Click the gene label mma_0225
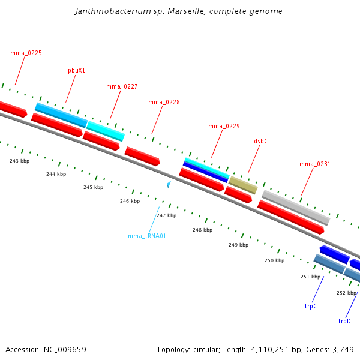point(26,53)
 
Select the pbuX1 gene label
point(76,70)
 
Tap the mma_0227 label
point(122,86)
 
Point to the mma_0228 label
point(164,102)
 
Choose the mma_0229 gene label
point(224,126)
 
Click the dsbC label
point(260,141)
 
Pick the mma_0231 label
point(315,164)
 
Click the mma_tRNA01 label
point(147,236)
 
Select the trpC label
point(311,306)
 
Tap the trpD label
point(344,321)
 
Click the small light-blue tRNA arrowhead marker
point(169,184)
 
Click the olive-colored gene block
point(243,185)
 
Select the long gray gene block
point(296,207)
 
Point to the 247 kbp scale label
point(166,215)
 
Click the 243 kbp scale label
point(19,161)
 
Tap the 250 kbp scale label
point(274,260)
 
